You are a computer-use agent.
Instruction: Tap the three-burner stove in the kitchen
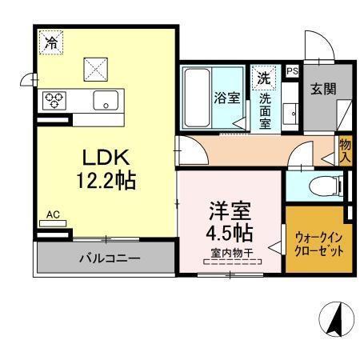click(x=54, y=100)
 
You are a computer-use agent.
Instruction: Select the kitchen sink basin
click(x=105, y=101)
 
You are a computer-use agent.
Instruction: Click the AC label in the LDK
click(x=53, y=214)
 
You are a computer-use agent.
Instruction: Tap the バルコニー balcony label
click(x=109, y=259)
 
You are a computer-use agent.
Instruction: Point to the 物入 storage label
click(x=345, y=148)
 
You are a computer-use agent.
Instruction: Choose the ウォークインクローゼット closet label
click(x=319, y=244)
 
